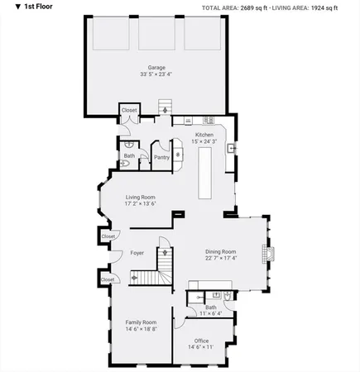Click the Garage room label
156,68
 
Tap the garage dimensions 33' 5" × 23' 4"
156,75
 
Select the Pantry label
161,156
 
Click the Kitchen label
204,135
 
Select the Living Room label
140,197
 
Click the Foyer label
137,254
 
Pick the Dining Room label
221,251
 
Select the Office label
201,341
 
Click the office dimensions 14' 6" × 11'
201,348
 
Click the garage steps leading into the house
164,108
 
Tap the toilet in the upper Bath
125,165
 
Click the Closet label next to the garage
129,110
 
